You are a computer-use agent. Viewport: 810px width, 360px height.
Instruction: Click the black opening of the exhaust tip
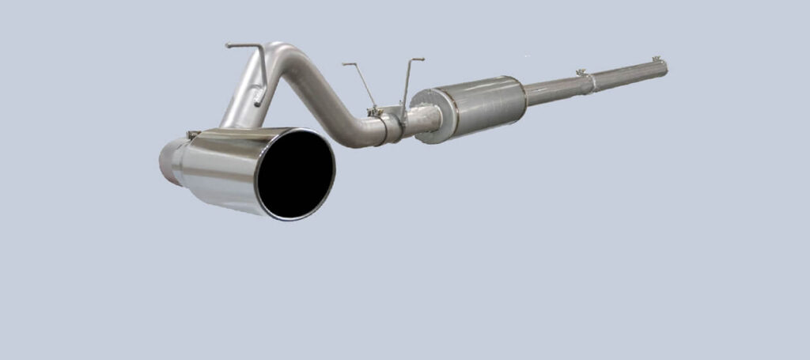(x=296, y=174)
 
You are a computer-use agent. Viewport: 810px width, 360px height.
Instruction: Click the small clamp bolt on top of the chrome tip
(x=192, y=135)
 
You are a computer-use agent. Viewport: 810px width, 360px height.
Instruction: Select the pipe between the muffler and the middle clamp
(x=554, y=87)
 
